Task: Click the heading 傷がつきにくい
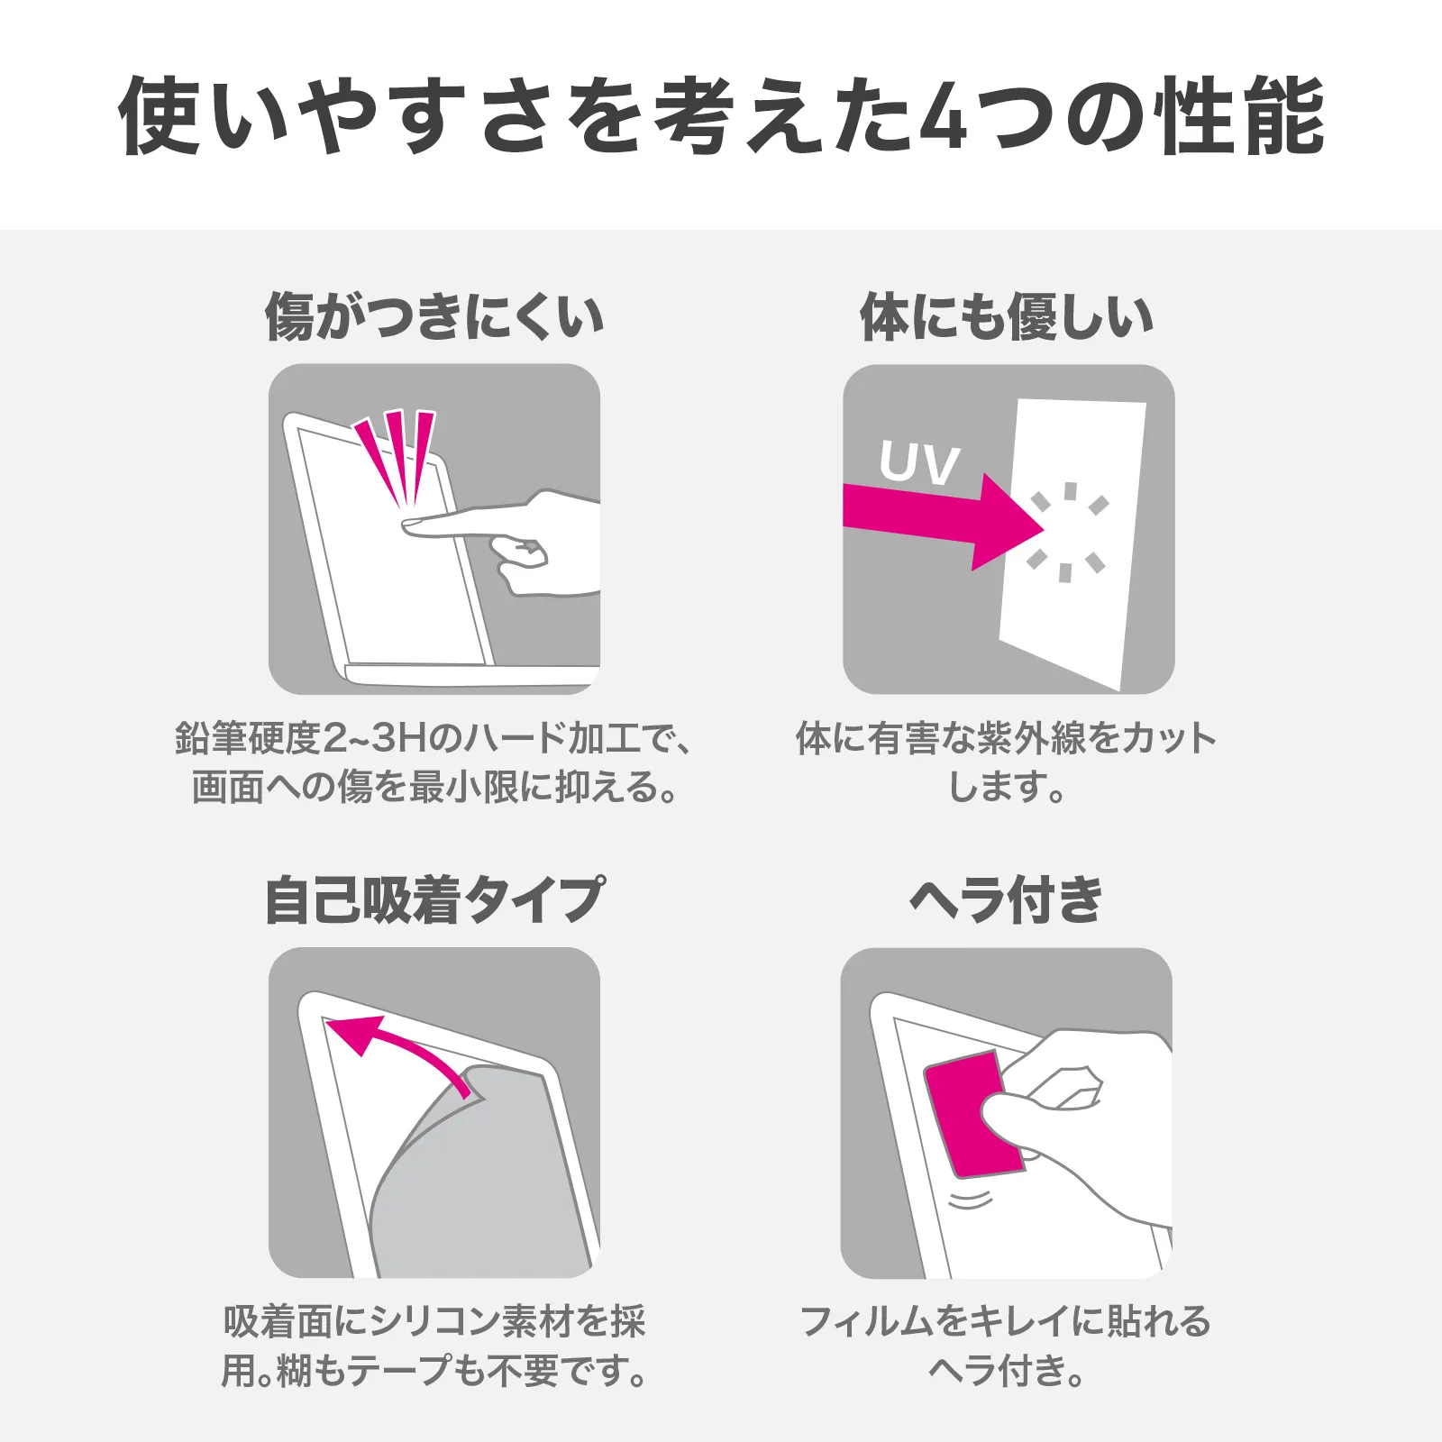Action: click(434, 316)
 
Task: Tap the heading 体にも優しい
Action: click(1008, 316)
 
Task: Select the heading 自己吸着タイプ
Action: click(434, 899)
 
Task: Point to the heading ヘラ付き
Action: click(1007, 899)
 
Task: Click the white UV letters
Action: click(919, 463)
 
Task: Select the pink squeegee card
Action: click(973, 1114)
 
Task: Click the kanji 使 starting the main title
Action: click(159, 116)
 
